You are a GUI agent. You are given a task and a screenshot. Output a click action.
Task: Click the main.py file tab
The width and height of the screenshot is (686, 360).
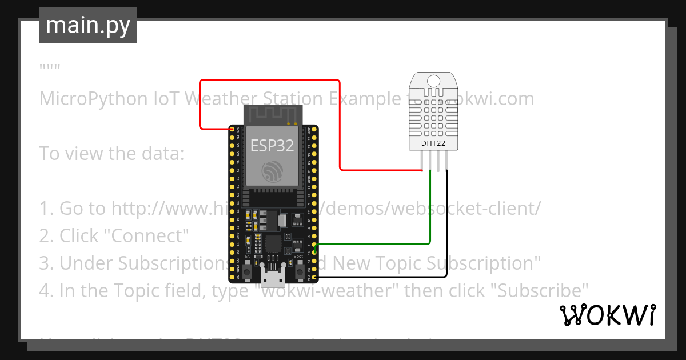coord(87,25)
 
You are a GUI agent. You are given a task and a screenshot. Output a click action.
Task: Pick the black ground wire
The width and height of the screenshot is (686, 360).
coord(446,229)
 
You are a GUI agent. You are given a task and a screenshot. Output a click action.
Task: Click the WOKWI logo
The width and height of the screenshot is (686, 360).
coord(607,315)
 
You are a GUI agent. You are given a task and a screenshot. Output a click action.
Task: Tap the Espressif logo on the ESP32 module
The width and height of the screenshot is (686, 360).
coord(272,171)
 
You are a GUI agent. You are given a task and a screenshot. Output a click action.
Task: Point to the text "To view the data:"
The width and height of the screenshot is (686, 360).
coord(111,153)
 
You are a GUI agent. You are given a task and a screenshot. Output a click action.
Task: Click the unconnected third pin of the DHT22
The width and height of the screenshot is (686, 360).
coord(438,163)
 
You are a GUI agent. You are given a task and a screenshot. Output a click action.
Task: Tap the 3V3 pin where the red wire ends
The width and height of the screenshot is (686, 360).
coord(232,130)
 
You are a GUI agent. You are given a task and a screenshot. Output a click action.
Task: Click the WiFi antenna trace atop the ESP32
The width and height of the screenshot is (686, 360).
coord(272,114)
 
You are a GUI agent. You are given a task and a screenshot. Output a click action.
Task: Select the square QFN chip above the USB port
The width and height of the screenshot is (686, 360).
coord(272,243)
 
